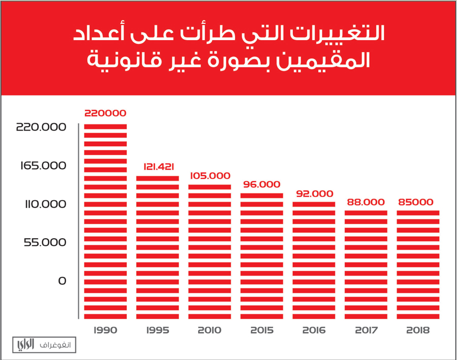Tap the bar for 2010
(209, 251)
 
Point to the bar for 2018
(417, 264)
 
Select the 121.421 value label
(157, 166)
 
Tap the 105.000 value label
(209, 175)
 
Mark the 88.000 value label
(366, 202)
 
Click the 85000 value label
(417, 202)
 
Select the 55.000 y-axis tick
(44, 242)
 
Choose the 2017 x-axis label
(366, 330)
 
